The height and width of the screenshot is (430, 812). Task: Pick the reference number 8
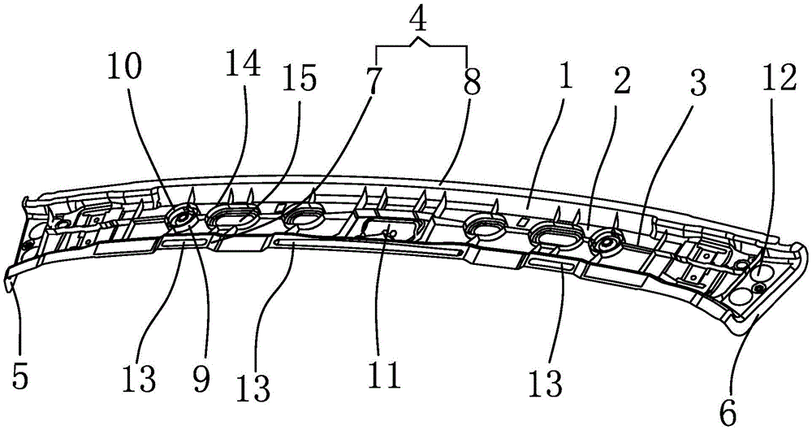(471, 80)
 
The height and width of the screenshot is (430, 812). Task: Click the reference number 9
(200, 376)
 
